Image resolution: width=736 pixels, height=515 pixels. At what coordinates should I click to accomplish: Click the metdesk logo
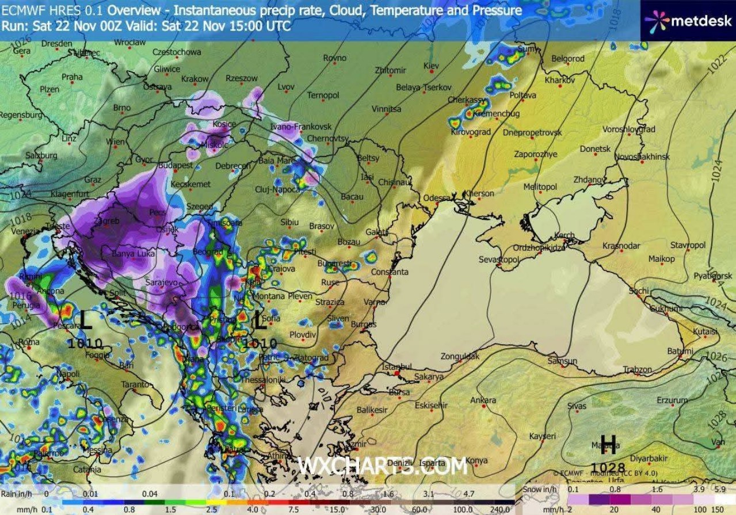[x=688, y=21]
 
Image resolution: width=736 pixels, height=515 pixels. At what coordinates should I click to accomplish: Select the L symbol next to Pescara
[x=85, y=321]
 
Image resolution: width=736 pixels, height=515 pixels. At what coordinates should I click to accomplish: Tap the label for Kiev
[x=430, y=66]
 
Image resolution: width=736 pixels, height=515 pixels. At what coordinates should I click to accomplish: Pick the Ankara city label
[x=483, y=400]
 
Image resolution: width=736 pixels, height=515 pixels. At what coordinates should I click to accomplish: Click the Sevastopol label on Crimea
[x=499, y=260]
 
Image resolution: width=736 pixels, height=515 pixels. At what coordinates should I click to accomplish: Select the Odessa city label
[x=437, y=198]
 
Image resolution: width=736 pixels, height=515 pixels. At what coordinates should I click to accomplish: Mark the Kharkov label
[x=559, y=80]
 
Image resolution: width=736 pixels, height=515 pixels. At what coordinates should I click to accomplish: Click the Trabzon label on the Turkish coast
[x=638, y=369]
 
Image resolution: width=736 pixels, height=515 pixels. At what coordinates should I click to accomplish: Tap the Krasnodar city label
[x=621, y=246]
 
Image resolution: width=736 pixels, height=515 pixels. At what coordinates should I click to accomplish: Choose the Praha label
[x=72, y=77]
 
